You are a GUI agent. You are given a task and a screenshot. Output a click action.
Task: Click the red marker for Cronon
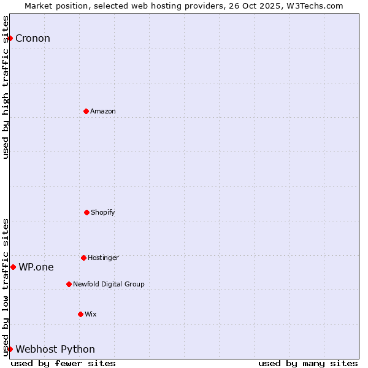pyautogui.click(x=10, y=38)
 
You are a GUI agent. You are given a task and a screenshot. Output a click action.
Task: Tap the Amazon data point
pyautogui.click(x=86, y=111)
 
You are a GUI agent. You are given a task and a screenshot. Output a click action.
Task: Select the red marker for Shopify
pyautogui.click(x=86, y=212)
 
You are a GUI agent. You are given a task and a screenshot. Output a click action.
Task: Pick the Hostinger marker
pyautogui.click(x=83, y=258)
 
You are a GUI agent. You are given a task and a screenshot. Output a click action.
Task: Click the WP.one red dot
pyautogui.click(x=13, y=267)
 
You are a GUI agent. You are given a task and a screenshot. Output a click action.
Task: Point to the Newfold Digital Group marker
pyautogui.click(x=69, y=284)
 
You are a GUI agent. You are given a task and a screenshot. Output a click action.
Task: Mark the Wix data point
pyautogui.click(x=80, y=314)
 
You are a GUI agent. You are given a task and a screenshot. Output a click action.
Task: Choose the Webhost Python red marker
pyautogui.click(x=10, y=349)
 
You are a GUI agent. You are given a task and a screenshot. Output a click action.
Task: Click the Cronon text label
pyautogui.click(x=33, y=39)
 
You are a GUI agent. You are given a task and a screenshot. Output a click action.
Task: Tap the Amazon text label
pyautogui.click(x=103, y=111)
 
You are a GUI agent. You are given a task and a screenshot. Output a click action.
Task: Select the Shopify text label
pyautogui.click(x=103, y=212)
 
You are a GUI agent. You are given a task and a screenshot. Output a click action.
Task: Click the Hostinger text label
pyautogui.click(x=103, y=258)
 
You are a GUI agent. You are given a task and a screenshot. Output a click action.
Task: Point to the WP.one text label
pyautogui.click(x=36, y=267)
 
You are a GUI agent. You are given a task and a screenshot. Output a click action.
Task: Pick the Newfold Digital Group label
pyautogui.click(x=109, y=284)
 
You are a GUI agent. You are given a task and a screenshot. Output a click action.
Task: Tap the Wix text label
pyautogui.click(x=91, y=314)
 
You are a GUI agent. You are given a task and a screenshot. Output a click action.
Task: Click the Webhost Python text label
pyautogui.click(x=55, y=350)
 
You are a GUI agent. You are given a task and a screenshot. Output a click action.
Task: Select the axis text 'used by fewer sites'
pyautogui.click(x=63, y=363)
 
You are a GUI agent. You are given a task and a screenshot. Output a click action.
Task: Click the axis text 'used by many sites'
pyautogui.click(x=308, y=363)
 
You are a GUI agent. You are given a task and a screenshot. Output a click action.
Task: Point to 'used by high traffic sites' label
pyautogui.click(x=6, y=87)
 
